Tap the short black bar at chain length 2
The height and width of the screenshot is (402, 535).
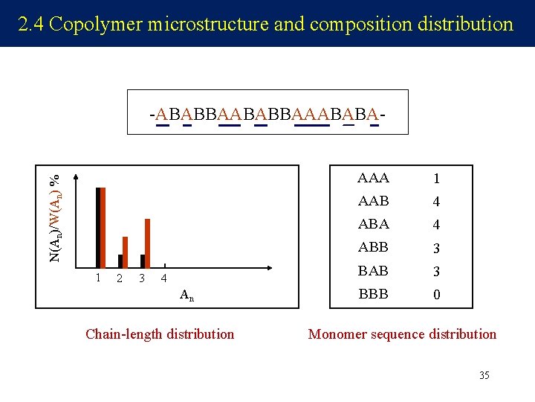(x=120, y=261)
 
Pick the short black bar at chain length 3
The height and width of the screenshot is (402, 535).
(x=143, y=261)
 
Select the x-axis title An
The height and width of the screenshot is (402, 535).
(x=187, y=296)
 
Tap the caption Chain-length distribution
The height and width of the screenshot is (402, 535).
(x=160, y=334)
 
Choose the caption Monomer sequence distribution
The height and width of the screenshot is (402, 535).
(x=402, y=334)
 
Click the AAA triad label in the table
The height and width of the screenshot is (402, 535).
(x=373, y=178)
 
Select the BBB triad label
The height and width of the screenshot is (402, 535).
(x=373, y=294)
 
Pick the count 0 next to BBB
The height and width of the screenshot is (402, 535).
(x=437, y=295)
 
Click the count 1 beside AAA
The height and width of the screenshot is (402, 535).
(x=437, y=179)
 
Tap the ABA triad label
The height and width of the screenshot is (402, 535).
(x=373, y=224)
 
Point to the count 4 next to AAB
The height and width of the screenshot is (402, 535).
(x=437, y=202)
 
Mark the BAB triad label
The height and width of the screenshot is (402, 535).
(x=373, y=271)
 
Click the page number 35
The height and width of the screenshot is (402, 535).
(x=484, y=375)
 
